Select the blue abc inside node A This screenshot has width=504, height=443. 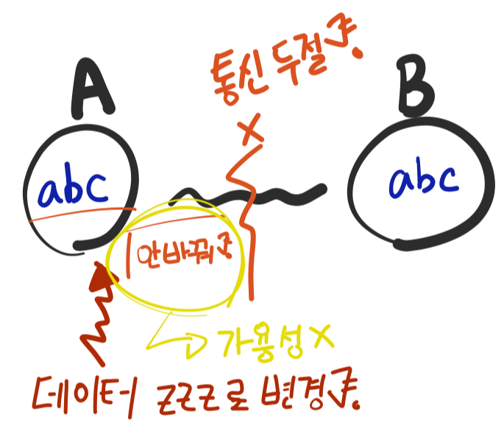[75, 190]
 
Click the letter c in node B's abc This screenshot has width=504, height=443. [444, 179]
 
